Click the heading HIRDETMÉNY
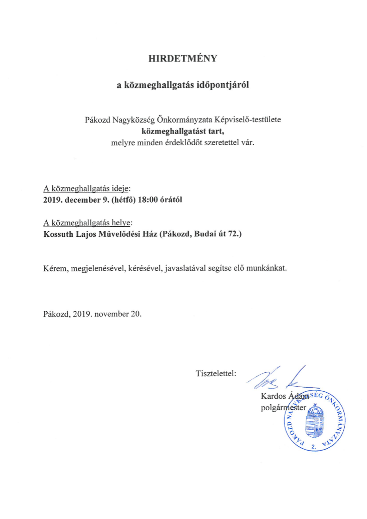tap(183, 59)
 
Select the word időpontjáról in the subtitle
tap(224, 85)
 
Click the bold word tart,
tap(215, 130)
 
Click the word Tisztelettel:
tap(216, 373)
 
